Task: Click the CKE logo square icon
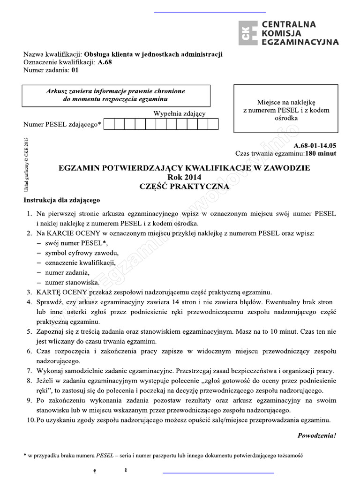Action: (x=247, y=34)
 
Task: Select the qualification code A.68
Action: (x=105, y=62)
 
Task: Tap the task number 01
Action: (x=75, y=70)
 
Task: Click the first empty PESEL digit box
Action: (x=108, y=124)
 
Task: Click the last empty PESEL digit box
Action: (x=213, y=124)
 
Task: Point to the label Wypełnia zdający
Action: (x=179, y=113)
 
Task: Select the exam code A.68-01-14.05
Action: (x=315, y=145)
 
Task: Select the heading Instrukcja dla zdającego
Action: (x=61, y=200)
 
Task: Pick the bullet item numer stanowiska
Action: (x=72, y=282)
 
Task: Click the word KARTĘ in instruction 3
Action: (x=49, y=292)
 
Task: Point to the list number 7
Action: (x=29, y=370)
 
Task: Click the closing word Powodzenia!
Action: (x=317, y=435)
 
